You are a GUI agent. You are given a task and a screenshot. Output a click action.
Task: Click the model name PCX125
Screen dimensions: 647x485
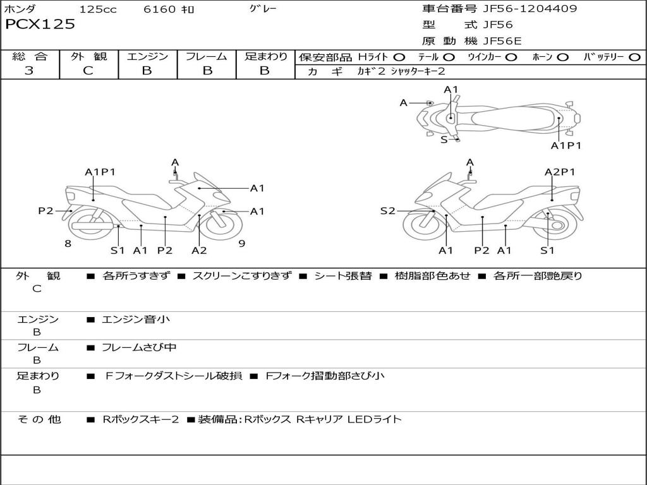40,25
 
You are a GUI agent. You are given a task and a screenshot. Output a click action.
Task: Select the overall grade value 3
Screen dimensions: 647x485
29,71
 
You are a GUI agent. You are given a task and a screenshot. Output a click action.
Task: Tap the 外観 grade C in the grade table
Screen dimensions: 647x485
88,71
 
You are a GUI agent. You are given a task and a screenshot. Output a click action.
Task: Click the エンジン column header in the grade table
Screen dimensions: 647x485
147,56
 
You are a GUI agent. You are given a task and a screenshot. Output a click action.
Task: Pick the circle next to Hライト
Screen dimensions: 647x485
399,57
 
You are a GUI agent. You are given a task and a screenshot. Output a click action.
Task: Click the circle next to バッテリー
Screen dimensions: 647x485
634,57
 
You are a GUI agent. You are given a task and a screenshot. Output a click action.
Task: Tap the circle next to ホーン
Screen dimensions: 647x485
562,57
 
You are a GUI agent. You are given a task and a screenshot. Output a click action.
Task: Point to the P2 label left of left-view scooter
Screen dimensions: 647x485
45,211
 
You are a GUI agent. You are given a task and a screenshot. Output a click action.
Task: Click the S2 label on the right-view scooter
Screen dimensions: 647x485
387,211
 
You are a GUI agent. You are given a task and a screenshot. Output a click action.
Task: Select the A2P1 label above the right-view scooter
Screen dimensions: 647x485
560,172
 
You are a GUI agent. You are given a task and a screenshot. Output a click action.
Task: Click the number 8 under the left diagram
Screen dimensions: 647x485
68,243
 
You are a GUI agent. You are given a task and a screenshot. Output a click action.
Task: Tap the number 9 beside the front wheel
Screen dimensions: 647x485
241,243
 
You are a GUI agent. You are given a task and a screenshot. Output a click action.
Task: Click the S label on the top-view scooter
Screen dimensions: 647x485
444,140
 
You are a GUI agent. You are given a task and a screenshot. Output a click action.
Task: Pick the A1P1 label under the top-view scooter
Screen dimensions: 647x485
565,145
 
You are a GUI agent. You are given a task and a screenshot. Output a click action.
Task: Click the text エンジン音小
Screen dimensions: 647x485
136,320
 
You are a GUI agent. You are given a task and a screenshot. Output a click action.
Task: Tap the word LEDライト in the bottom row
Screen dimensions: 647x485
375,419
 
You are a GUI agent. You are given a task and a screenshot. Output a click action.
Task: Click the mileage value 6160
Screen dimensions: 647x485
160,9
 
